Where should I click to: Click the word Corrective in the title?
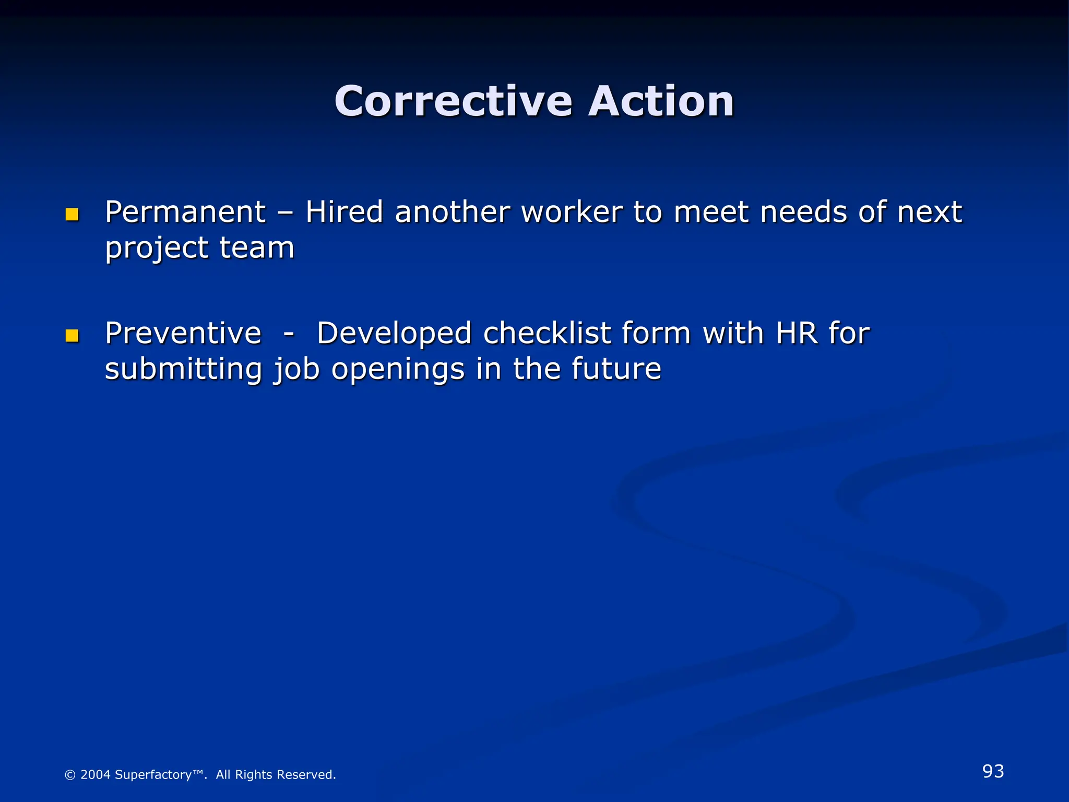click(453, 101)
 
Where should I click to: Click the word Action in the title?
click(661, 101)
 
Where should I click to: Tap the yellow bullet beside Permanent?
click(72, 215)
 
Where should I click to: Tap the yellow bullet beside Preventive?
click(72, 336)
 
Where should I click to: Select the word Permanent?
click(185, 213)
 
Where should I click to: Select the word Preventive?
click(183, 333)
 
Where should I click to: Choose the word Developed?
click(394, 334)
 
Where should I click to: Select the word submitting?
click(183, 369)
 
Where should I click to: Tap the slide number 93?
click(993, 771)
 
